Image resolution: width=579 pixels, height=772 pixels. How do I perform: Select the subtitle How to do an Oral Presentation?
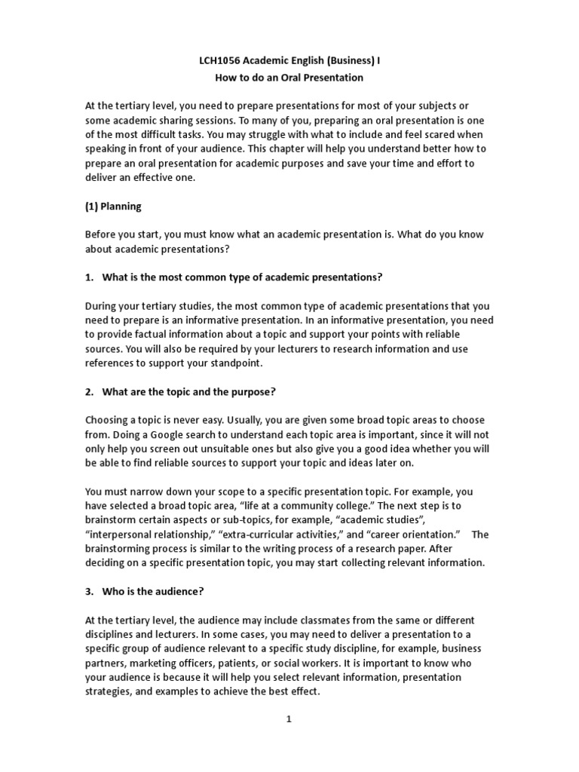(x=288, y=77)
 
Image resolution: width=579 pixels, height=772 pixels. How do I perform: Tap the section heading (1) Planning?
(x=113, y=206)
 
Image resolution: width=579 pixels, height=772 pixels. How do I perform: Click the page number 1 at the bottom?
(x=288, y=719)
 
